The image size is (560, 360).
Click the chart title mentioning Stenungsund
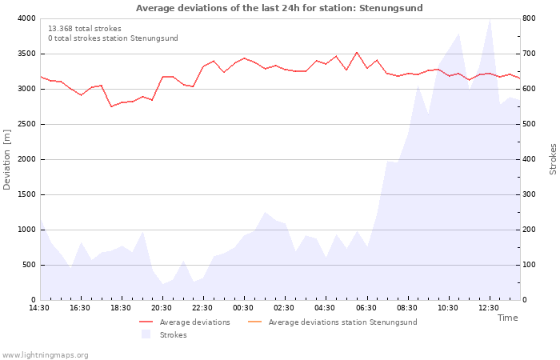click(x=279, y=8)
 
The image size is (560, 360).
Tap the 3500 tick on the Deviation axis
click(x=27, y=54)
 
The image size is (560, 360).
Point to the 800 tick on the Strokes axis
click(x=529, y=18)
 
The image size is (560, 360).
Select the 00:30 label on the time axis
click(x=243, y=308)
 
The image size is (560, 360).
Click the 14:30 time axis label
click(x=39, y=308)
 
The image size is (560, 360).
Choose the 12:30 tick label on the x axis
click(x=489, y=308)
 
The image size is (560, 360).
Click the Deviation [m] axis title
click(x=6, y=160)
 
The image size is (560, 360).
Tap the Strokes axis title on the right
click(x=553, y=159)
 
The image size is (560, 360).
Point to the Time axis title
click(x=508, y=318)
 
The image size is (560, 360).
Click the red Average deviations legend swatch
click(x=146, y=322)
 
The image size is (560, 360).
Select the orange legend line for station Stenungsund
click(x=254, y=322)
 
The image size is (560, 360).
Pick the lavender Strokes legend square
click(x=146, y=334)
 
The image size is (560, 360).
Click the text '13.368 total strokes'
click(x=85, y=29)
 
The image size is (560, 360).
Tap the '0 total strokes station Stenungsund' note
click(x=114, y=38)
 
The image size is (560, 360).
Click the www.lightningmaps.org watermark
click(x=44, y=355)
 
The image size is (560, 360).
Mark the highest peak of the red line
click(x=357, y=53)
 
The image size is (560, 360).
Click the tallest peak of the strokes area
click(x=490, y=19)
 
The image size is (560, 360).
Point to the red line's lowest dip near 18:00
click(x=112, y=106)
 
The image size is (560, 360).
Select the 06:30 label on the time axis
click(x=366, y=308)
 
